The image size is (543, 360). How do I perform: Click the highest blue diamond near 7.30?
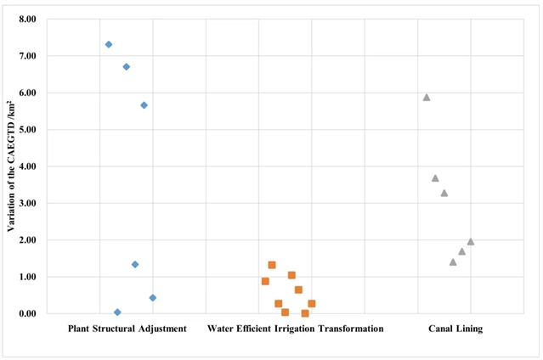coord(109,44)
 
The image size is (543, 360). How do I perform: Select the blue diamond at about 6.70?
coord(127,66)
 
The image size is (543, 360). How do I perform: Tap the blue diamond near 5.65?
coord(144,105)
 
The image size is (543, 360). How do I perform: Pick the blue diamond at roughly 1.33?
coord(135,264)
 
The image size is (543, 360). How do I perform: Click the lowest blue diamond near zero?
coord(117,312)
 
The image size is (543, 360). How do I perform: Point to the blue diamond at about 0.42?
coord(153,298)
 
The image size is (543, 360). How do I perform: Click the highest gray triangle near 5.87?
coord(427,97)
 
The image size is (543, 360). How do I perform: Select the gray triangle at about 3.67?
coord(435,178)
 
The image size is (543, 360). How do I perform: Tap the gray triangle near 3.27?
coord(444,193)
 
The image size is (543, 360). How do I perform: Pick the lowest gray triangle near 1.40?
coord(453,262)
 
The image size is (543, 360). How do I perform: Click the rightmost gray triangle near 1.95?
coord(471,241)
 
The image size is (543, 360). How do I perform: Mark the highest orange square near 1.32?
coord(272,265)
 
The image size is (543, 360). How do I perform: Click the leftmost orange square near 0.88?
coord(265,281)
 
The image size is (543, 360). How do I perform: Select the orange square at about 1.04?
coord(291,275)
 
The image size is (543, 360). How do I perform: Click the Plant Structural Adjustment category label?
coord(127,329)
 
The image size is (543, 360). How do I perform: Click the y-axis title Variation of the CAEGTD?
coord(11,166)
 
